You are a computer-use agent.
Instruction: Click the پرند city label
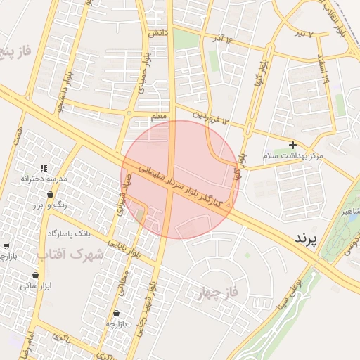point(307,238)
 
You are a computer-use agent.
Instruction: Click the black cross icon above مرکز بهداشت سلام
point(292,145)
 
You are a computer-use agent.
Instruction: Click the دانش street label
point(157,32)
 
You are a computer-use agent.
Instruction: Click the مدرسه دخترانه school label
point(44,179)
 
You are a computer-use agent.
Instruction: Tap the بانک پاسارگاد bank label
point(70,232)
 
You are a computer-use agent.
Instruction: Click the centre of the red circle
point(181,179)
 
